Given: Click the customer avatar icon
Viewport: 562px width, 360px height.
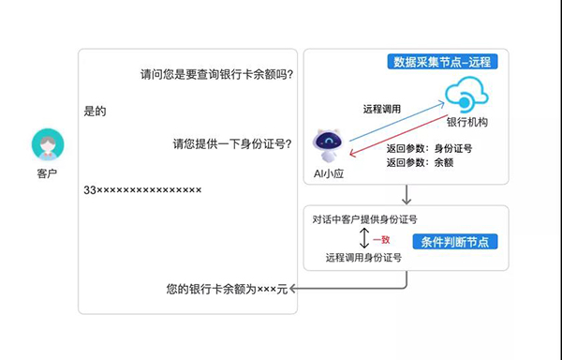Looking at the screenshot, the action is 48,144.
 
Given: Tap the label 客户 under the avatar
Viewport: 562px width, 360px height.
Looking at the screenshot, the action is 47,173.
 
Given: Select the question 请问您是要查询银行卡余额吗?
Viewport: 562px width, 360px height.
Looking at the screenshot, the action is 216,75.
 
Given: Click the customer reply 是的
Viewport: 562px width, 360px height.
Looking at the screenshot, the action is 95,112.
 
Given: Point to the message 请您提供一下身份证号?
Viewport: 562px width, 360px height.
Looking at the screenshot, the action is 232,144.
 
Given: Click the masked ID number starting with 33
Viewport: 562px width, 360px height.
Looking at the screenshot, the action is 142,189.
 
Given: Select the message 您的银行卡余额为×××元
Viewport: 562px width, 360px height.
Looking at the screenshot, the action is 227,289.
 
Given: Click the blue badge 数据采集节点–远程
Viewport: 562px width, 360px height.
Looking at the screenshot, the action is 442,62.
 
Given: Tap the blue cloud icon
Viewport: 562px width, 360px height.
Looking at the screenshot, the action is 466,95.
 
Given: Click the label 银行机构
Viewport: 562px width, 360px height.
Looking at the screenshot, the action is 467,122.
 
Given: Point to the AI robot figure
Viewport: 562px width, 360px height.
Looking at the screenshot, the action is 328,145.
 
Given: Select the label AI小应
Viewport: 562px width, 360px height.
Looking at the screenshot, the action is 329,173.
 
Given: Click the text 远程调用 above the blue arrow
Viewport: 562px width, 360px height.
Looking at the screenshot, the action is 382,109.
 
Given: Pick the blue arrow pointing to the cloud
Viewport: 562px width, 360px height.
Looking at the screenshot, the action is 397,122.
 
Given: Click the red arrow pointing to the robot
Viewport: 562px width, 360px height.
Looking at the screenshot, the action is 399,136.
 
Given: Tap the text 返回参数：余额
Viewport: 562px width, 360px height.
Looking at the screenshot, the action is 420,162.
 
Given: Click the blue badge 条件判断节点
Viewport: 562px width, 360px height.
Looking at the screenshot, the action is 455,242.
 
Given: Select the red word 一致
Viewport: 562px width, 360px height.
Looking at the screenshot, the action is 381,239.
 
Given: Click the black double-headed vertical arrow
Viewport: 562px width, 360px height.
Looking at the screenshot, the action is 364,238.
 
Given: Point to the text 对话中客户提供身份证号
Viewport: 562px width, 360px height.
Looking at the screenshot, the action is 364,219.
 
